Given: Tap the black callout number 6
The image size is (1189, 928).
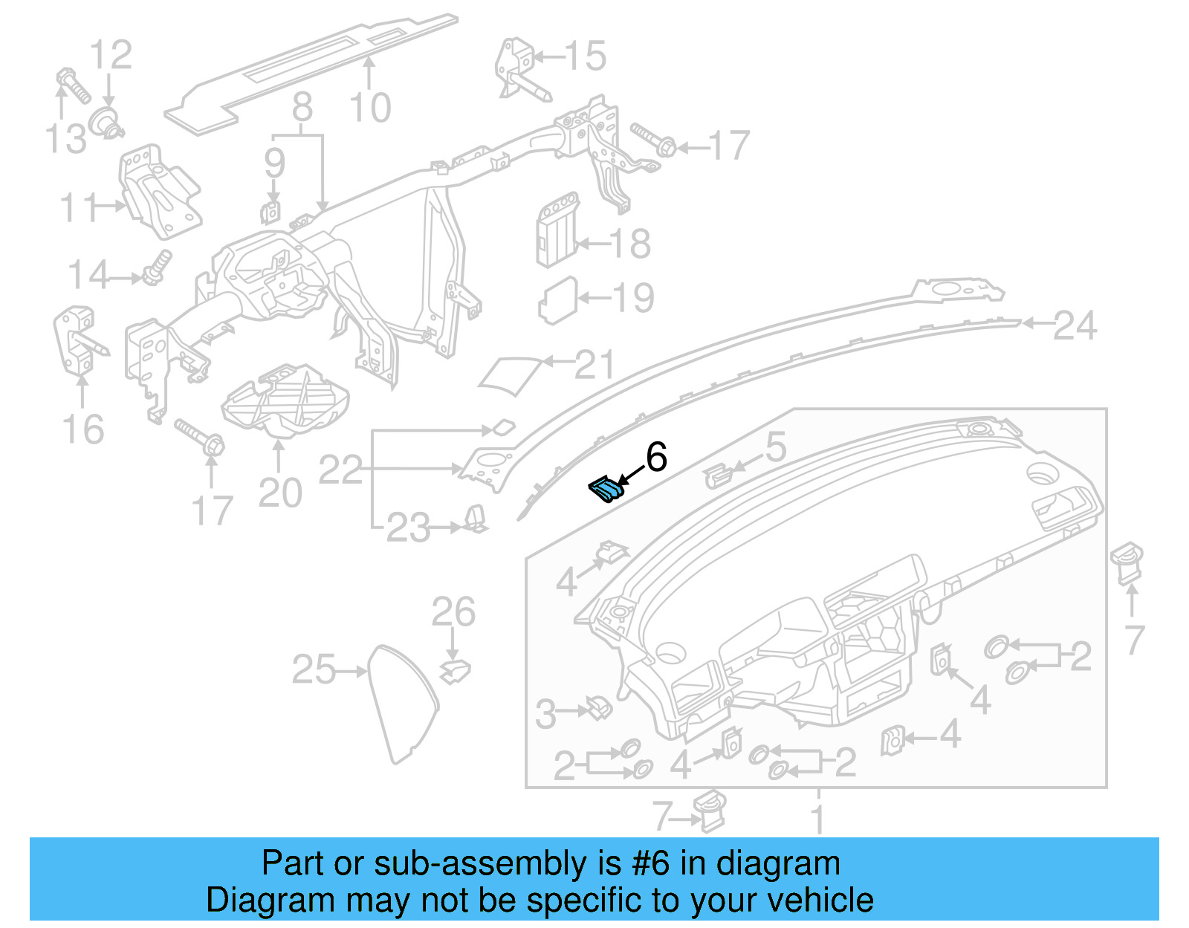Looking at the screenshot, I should [x=656, y=457].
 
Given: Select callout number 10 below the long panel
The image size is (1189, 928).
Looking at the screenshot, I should [x=369, y=108].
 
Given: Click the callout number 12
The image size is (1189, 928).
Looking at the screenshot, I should [x=111, y=55].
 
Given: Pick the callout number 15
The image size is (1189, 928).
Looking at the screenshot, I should [x=585, y=56].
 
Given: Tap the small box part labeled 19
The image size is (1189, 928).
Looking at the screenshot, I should [x=557, y=300].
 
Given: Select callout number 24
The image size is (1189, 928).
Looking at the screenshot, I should [x=1075, y=326].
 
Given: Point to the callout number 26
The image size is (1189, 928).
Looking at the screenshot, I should [x=453, y=612].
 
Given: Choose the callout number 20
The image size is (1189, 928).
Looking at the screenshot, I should [x=280, y=493].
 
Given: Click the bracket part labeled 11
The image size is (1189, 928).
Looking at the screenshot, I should [x=160, y=192].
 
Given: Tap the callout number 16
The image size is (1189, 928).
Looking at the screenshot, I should [x=82, y=429].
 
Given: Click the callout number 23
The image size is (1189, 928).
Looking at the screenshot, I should [x=408, y=528].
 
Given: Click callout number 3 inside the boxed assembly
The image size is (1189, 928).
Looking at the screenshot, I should [x=545, y=714].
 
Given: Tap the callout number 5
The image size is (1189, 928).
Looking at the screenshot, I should [x=775, y=447].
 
